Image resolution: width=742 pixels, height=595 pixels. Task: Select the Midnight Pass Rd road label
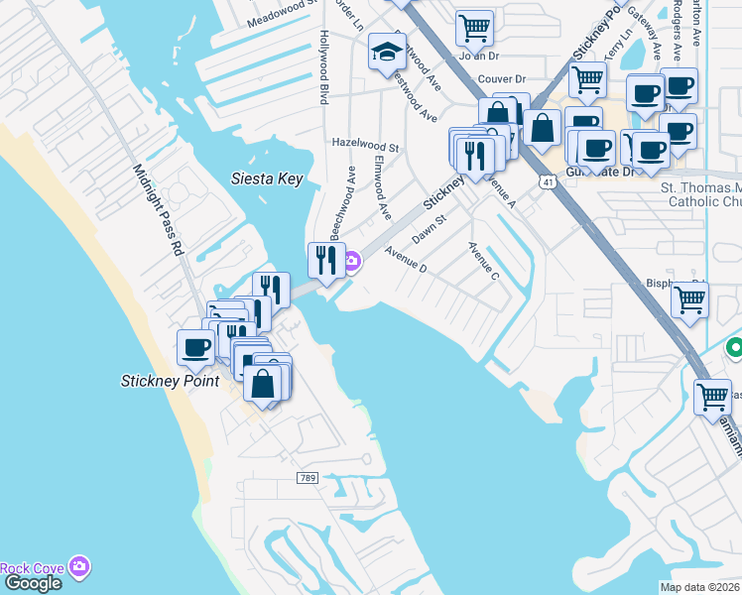coord(158,210)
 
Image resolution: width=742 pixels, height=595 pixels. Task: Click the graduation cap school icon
coord(387,54)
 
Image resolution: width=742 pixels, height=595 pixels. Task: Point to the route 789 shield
coord(307,478)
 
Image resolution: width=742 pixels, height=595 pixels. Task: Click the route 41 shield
coord(548,181)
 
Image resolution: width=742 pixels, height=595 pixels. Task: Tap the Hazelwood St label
coord(365,146)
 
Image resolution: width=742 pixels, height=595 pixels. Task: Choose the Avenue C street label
coord(483,260)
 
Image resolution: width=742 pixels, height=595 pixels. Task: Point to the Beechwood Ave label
coord(342,202)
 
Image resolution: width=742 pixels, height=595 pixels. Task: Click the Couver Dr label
coord(501,79)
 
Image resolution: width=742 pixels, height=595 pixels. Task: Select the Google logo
coord(32,583)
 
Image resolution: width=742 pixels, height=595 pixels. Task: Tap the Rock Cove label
coord(32,568)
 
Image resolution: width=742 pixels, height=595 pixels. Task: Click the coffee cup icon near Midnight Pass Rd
coord(195,348)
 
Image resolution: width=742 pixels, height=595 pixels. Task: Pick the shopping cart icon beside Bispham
coord(689,298)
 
